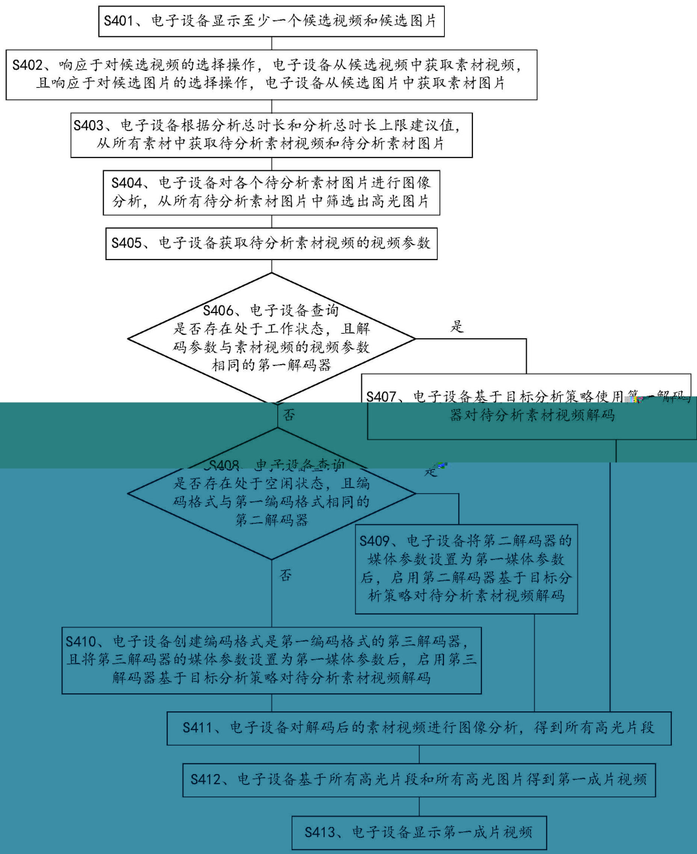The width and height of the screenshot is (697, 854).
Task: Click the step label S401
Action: tap(119, 21)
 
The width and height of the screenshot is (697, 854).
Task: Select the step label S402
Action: tap(27, 65)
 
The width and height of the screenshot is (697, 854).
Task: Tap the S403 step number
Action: tap(88, 125)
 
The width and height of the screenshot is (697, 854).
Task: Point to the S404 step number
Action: tap(126, 183)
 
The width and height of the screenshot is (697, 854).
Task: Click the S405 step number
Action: tap(126, 243)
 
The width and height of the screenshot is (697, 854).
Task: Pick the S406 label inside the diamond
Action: tap(218, 310)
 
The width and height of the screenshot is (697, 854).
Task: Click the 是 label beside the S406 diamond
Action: tap(457, 327)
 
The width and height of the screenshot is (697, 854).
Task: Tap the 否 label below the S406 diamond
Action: tap(289, 415)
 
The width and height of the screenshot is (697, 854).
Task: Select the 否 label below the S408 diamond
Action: tap(285, 574)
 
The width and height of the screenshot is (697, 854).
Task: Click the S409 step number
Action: tap(374, 541)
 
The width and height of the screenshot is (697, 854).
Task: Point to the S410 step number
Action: tap(81, 642)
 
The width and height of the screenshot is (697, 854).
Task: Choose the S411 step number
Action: tap(197, 728)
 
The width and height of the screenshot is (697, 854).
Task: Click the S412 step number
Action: tap(205, 780)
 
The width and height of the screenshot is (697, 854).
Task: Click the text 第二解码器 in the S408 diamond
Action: tap(271, 520)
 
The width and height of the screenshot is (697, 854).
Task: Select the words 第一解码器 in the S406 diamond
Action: tap(294, 365)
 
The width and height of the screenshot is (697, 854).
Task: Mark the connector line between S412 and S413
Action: tap(419, 806)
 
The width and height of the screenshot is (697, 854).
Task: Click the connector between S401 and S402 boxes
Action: tap(272, 44)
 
